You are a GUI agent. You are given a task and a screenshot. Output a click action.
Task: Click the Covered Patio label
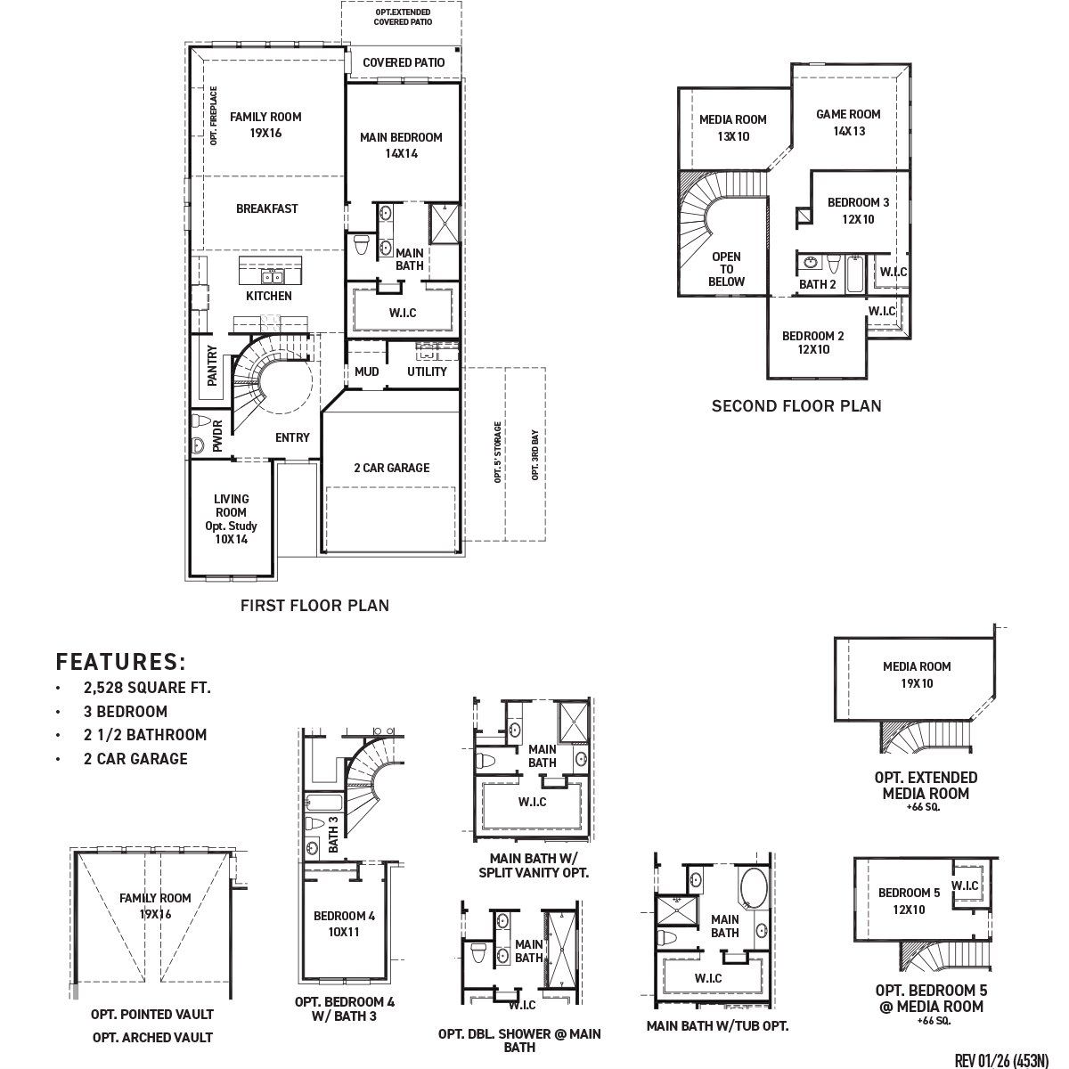click(x=404, y=62)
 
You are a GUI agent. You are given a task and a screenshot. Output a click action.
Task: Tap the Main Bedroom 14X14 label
click(x=401, y=145)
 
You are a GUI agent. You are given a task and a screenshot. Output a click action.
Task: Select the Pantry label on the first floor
click(x=212, y=365)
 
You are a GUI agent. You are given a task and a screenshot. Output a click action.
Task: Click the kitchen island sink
click(x=272, y=276)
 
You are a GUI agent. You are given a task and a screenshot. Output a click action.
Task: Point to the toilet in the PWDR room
click(x=200, y=420)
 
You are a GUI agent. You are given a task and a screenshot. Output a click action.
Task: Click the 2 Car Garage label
click(x=392, y=468)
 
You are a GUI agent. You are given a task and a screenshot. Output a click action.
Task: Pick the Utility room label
click(x=427, y=371)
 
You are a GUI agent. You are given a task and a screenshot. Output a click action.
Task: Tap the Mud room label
click(x=367, y=371)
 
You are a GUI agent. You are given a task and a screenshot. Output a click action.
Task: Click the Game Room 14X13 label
click(x=848, y=123)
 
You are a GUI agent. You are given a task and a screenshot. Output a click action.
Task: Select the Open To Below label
click(x=726, y=269)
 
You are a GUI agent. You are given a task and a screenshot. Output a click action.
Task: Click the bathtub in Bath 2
click(x=855, y=274)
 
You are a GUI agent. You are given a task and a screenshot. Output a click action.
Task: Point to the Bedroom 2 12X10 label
click(x=812, y=342)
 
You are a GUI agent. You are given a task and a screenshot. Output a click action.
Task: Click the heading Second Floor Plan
click(x=796, y=406)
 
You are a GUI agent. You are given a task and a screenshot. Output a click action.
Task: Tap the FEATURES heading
click(x=121, y=661)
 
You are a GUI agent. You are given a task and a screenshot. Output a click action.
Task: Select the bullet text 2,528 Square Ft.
click(x=147, y=688)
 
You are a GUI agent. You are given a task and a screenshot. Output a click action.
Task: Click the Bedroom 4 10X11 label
click(x=344, y=924)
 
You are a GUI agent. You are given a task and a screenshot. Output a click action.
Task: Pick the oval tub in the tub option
click(x=754, y=888)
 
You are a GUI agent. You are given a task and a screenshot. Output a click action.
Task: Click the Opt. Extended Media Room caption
click(x=926, y=786)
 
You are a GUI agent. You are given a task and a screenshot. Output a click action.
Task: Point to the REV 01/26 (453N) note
click(x=1001, y=1061)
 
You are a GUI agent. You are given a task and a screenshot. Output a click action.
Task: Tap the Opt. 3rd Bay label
click(x=534, y=455)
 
